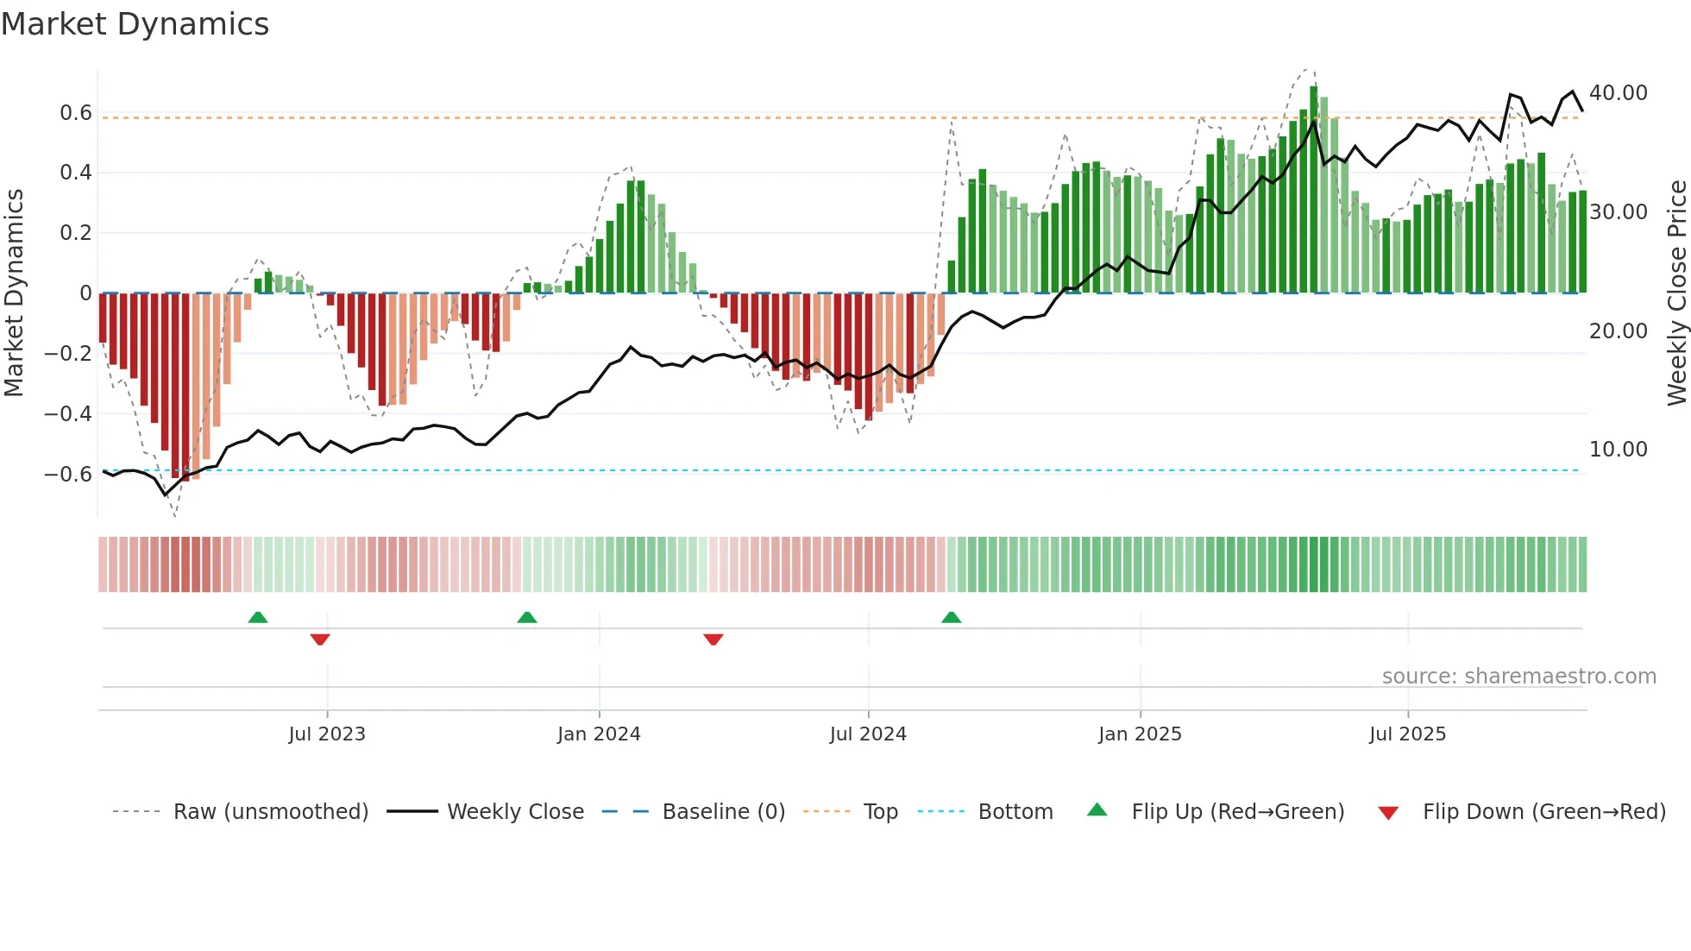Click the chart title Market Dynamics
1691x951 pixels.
135,24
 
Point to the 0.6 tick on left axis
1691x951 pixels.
76,113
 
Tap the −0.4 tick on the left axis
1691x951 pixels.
68,414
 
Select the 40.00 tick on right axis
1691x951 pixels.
1618,93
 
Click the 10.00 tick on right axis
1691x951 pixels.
1618,450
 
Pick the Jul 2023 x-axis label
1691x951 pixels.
327,734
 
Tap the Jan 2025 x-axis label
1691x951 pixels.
1140,734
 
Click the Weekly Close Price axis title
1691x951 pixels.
1676,293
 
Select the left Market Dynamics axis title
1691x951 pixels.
14,293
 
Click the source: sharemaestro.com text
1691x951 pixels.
1518,677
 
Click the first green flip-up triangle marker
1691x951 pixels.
258,618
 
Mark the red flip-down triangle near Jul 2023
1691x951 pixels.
320,639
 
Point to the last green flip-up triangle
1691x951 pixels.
951,618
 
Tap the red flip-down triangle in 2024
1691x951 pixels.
713,639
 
